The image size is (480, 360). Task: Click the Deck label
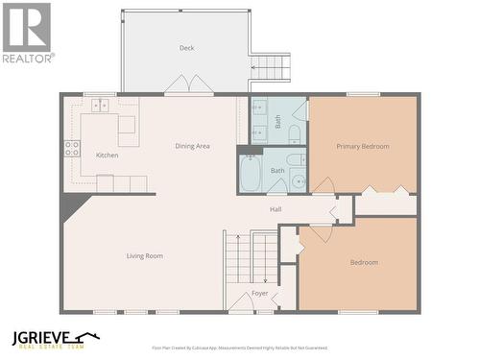tap(186, 48)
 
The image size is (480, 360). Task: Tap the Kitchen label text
tap(107, 155)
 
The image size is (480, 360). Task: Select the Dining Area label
tap(192, 146)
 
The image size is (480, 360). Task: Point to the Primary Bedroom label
tap(363, 146)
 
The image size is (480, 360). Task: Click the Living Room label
tap(145, 255)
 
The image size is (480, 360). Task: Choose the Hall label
tap(276, 208)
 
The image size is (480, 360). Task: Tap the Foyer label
tap(260, 293)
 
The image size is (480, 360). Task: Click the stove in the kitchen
tap(72, 148)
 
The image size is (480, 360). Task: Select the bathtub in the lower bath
tap(251, 174)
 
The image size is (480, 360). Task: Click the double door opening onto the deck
tap(189, 87)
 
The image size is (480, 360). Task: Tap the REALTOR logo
tap(27, 32)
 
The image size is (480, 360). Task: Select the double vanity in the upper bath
tap(260, 121)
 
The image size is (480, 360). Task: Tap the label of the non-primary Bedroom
tap(364, 262)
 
